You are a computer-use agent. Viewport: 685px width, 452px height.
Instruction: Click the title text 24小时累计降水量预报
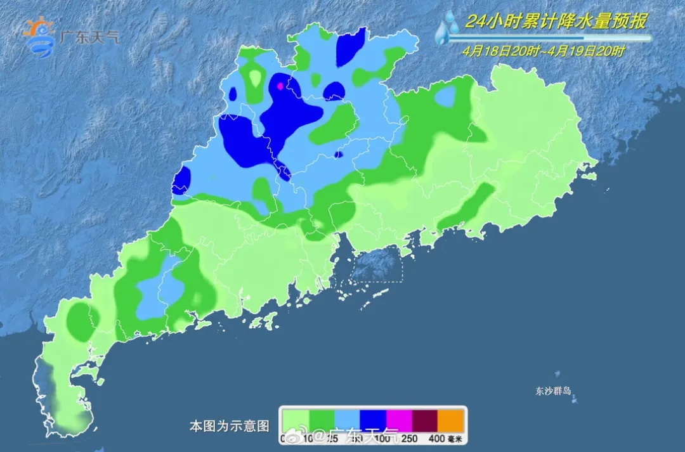[556, 22]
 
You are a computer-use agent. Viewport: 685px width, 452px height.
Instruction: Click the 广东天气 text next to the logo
[89, 37]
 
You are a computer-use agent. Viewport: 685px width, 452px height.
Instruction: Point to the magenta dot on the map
[280, 86]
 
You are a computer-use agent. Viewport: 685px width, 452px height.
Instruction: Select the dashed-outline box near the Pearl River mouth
[377, 264]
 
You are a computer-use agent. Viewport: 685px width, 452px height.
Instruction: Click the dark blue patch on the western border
[181, 181]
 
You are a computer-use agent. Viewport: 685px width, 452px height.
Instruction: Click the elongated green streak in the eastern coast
[467, 207]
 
